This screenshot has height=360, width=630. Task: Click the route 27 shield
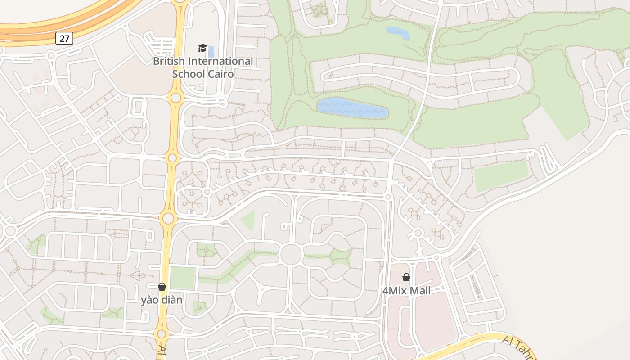[x=64, y=38]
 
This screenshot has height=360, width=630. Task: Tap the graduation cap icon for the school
[x=203, y=48]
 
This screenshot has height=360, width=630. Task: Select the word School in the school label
[x=188, y=74]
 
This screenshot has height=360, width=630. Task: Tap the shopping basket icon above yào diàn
[x=162, y=287]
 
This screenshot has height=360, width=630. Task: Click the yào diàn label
[x=162, y=300]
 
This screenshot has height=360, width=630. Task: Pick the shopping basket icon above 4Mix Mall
[x=406, y=277]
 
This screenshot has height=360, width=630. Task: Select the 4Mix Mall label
[x=406, y=291]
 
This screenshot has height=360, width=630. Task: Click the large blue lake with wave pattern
[x=352, y=108]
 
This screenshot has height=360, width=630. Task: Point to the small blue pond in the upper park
[x=398, y=33]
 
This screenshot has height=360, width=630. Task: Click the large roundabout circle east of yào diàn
[x=290, y=254]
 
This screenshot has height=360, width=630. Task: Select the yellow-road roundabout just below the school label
[x=175, y=98]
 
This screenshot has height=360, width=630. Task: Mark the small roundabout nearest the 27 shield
[x=51, y=56]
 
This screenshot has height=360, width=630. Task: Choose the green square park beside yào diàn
[x=182, y=278]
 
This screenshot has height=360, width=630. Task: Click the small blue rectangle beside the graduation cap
[x=211, y=51]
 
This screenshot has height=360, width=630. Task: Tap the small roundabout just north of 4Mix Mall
[x=418, y=233]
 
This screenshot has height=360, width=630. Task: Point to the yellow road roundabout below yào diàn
[x=162, y=334]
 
